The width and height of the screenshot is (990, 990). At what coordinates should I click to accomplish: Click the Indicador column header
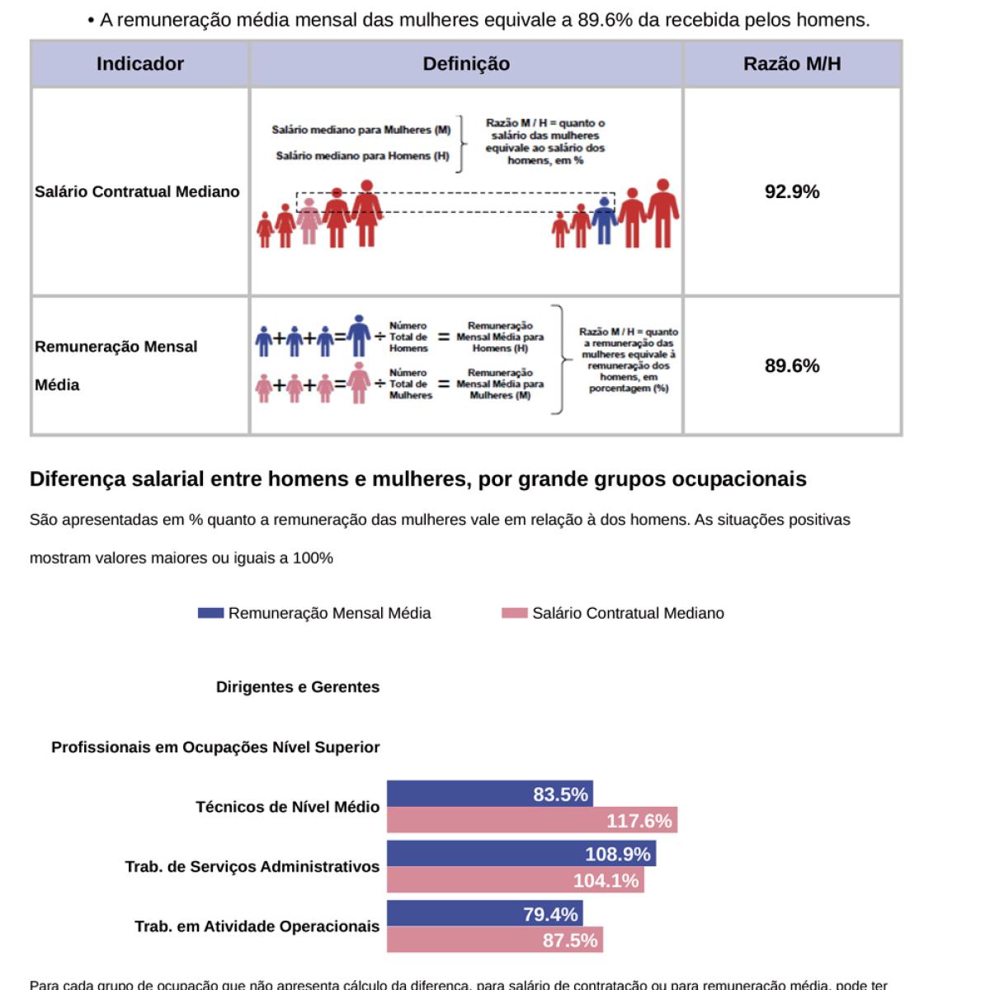(139, 64)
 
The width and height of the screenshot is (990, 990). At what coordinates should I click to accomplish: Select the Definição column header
(466, 64)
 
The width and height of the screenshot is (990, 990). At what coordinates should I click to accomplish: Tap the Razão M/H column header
(792, 64)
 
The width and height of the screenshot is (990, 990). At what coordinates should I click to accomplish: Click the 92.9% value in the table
(792, 191)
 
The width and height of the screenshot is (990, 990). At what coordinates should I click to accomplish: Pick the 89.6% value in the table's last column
(792, 365)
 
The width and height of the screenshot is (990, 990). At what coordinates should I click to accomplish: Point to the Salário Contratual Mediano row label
(137, 191)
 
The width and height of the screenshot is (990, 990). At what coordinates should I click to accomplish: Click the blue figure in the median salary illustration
(605, 220)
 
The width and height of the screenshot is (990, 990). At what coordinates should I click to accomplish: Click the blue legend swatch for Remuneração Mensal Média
(211, 613)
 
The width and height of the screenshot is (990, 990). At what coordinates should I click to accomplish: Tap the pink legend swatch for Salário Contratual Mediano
(514, 613)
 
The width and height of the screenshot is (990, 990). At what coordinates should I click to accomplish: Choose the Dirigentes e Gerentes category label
(298, 687)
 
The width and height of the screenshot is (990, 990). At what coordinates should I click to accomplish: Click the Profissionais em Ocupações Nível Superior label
(215, 747)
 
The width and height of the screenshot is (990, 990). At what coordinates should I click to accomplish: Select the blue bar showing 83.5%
(489, 794)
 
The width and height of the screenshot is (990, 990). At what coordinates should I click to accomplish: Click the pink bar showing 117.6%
(532, 821)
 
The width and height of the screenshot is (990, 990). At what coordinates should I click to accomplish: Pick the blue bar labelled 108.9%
(521, 854)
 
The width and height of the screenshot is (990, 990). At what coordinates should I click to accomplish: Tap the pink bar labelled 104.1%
(515, 880)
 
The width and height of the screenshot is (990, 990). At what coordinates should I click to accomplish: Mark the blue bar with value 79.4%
(484, 914)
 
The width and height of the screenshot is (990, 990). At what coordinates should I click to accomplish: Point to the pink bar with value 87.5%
(494, 940)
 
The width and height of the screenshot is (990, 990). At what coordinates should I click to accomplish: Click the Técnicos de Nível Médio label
(287, 807)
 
